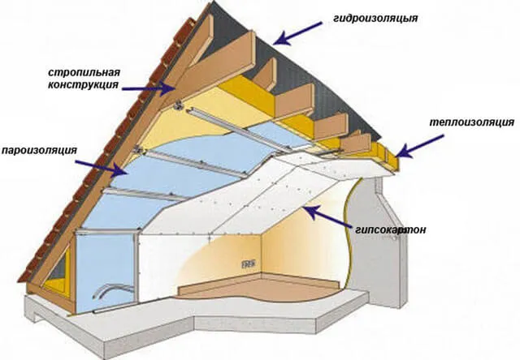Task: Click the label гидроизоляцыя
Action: [x=375, y=18]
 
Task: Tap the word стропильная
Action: [x=84, y=72]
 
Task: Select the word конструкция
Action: [x=83, y=84]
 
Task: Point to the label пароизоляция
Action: [x=40, y=150]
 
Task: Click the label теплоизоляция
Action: [x=472, y=122]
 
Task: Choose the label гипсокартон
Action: [x=390, y=229]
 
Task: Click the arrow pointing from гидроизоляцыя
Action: [x=297, y=33]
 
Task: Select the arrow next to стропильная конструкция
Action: [x=148, y=88]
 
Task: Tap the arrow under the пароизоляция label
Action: [x=101, y=167]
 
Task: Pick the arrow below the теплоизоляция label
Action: [x=419, y=146]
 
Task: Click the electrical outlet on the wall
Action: [x=249, y=264]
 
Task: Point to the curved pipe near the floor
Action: [x=111, y=288]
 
